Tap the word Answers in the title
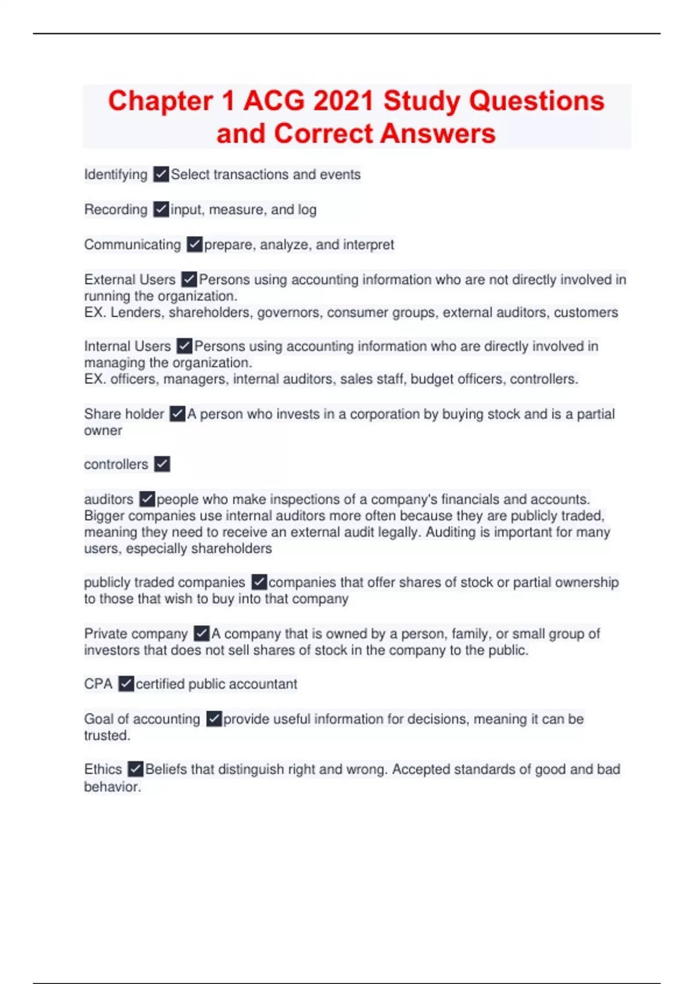tap(438, 134)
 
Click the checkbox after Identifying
tap(161, 174)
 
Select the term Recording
tap(116, 210)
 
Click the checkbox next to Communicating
tap(194, 245)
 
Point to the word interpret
tap(368, 245)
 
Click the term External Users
tap(130, 280)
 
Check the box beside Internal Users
tap(184, 346)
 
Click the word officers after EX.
tap(133, 379)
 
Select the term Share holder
tap(124, 414)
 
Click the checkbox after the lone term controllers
tap(162, 464)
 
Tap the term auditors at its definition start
tap(109, 500)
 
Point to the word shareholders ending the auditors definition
tap(231, 549)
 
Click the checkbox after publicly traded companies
tap(259, 582)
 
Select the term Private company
tap(136, 634)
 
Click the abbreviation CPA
tap(98, 684)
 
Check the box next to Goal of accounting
tap(214, 719)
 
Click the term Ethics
tap(103, 769)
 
